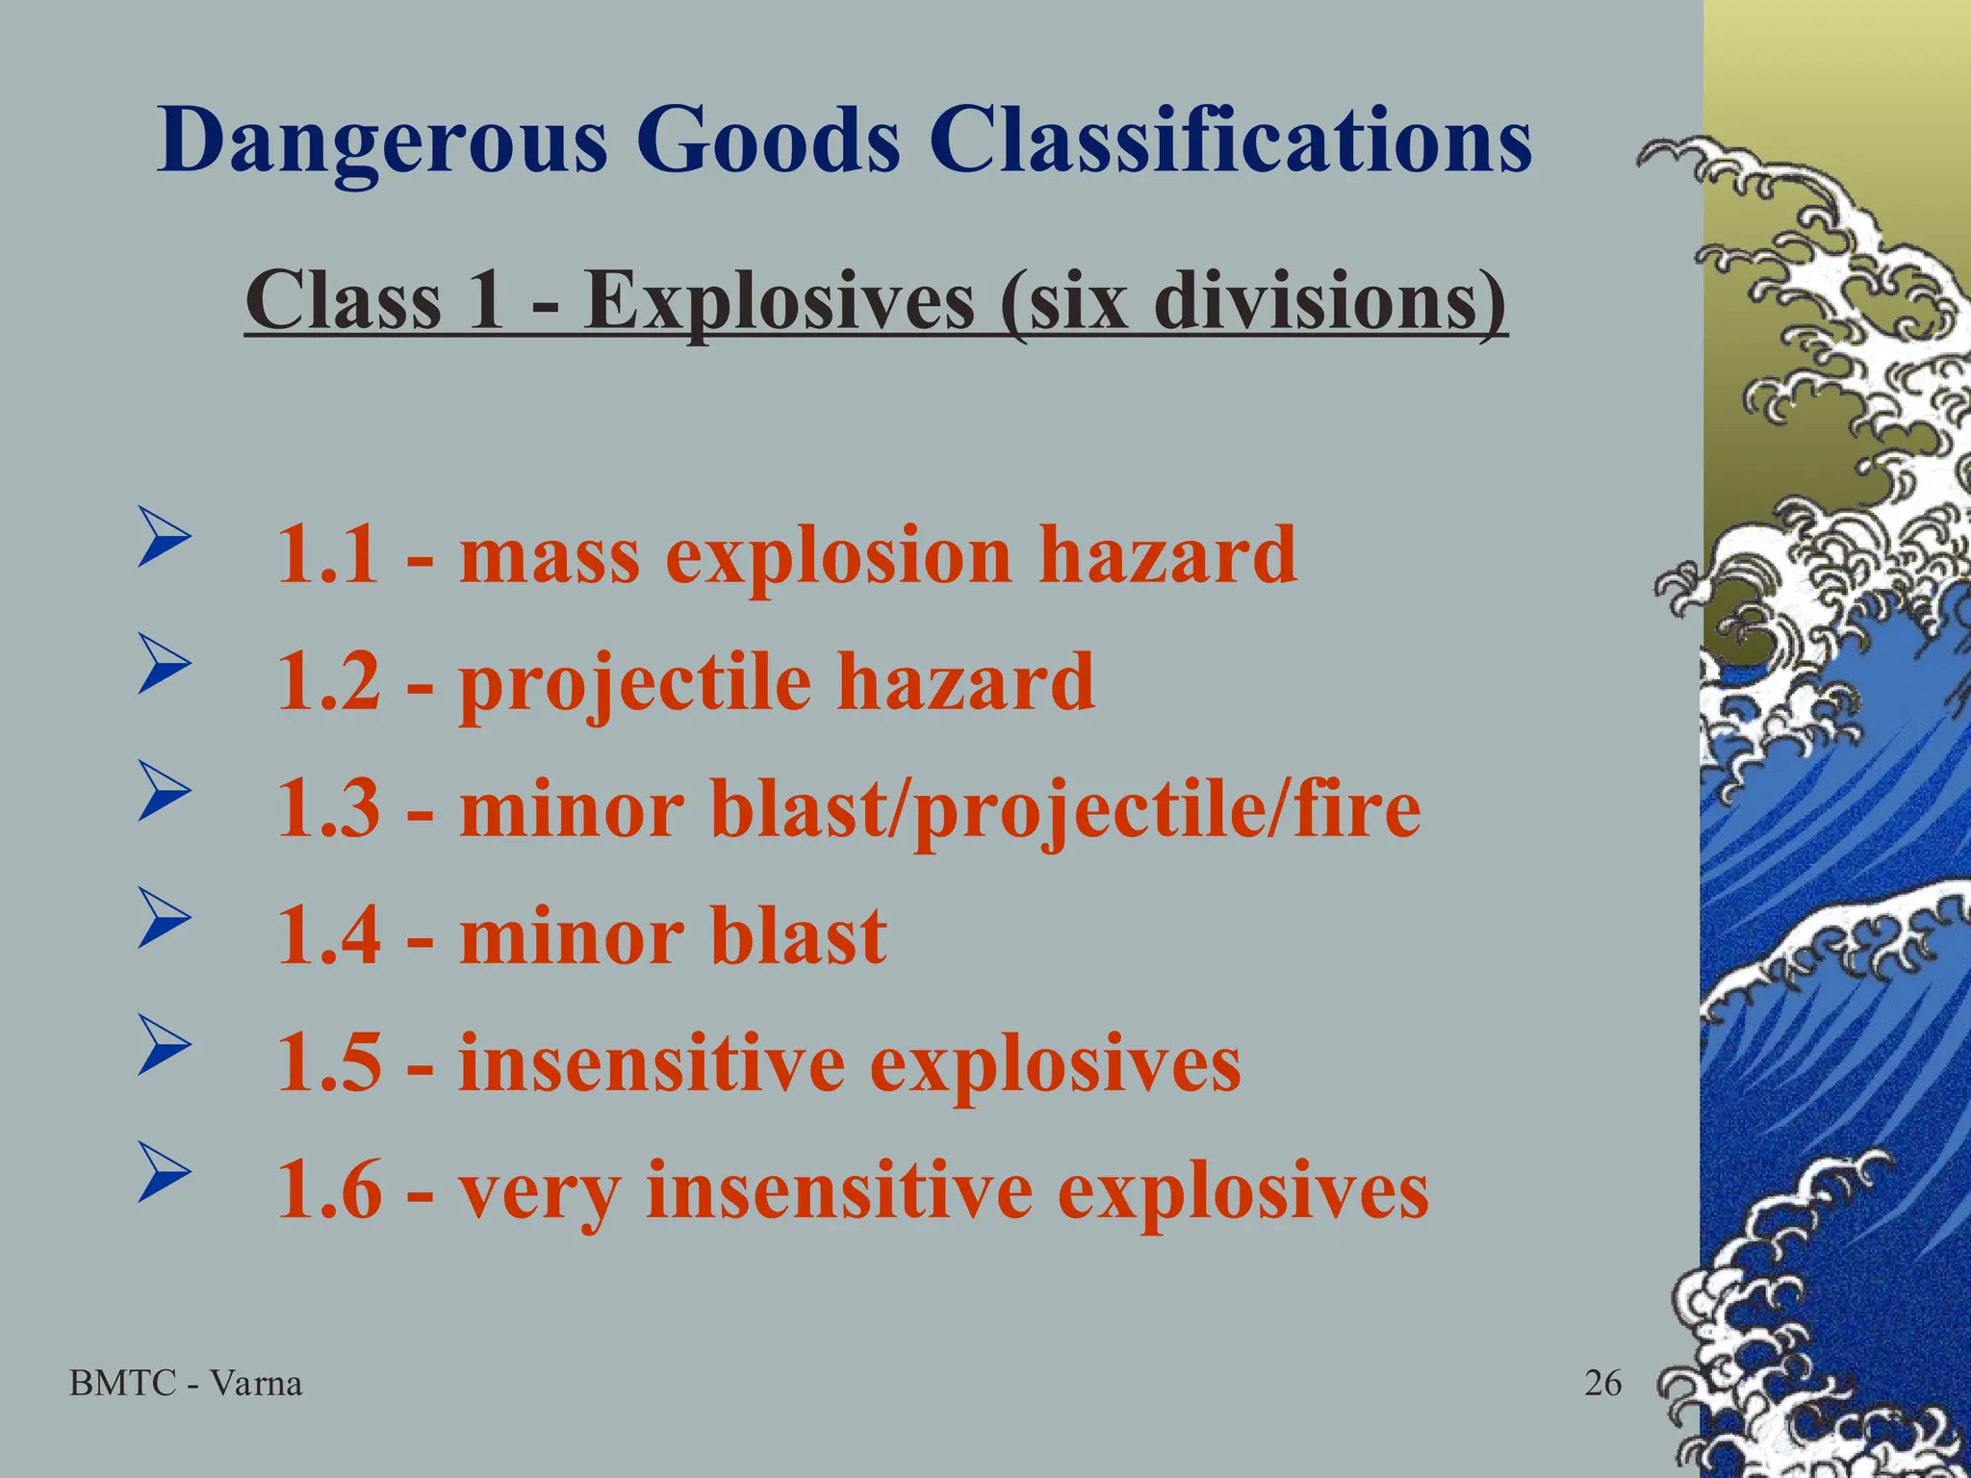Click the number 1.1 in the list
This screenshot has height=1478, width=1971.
(x=327, y=555)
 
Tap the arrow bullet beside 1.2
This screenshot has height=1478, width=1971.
(x=161, y=663)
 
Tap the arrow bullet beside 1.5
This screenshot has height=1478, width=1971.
(x=161, y=1044)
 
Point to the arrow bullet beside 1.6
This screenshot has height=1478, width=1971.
(x=161, y=1171)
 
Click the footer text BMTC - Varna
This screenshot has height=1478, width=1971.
(x=187, y=1384)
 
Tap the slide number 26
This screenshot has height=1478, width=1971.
(x=1602, y=1384)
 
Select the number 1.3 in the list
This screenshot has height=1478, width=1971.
(x=327, y=809)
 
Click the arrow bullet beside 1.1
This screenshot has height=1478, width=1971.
(x=161, y=536)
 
